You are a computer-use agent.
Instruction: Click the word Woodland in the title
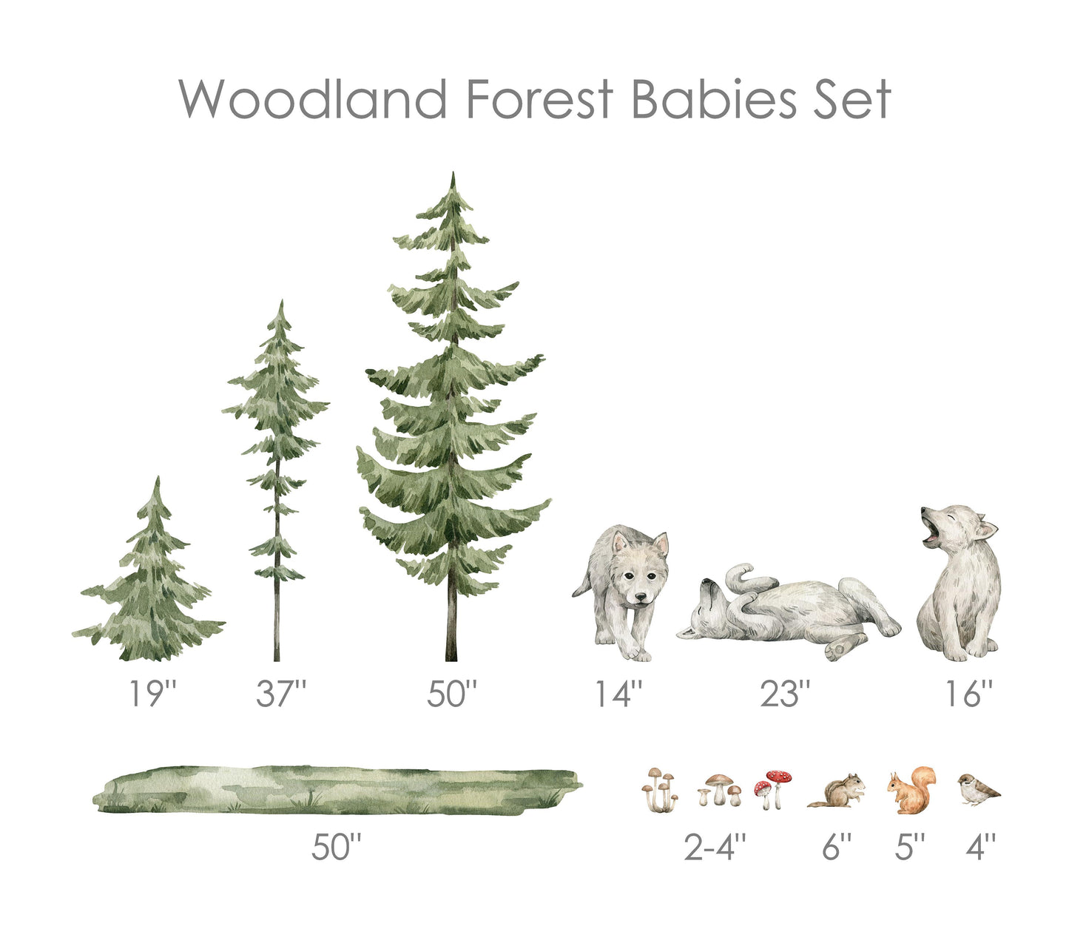(312, 99)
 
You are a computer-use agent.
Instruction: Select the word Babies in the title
(714, 99)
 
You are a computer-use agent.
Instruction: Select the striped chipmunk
(837, 791)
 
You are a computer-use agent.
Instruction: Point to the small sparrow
(978, 789)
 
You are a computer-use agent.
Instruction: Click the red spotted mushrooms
(772, 789)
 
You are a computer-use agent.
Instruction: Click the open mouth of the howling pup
(931, 536)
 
